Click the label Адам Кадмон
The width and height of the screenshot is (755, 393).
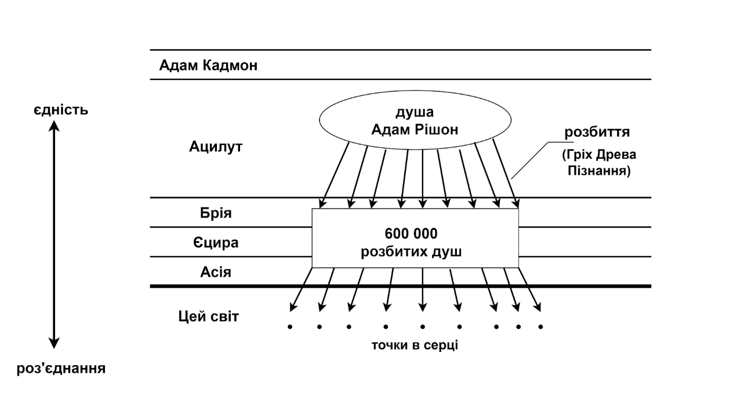pos(208,65)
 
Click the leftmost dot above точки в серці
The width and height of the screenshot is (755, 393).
pos(289,327)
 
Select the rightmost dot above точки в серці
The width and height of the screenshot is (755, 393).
pos(540,327)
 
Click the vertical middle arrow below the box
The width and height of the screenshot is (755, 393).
pos(422,290)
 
